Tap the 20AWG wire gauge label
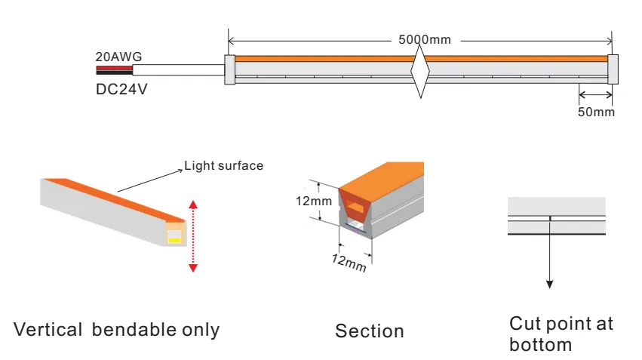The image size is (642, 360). coord(118,57)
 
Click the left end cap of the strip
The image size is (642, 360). coord(230,69)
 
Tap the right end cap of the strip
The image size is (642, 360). coord(613,69)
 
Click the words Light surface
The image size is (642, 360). coord(224,165)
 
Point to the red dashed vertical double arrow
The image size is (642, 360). coord(193,235)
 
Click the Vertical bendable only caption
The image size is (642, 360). coord(117,330)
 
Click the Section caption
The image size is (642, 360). coord(370,331)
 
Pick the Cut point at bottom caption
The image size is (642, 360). coord(561,334)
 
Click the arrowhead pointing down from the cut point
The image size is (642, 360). coord(550,284)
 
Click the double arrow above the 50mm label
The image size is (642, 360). coord(595,95)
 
